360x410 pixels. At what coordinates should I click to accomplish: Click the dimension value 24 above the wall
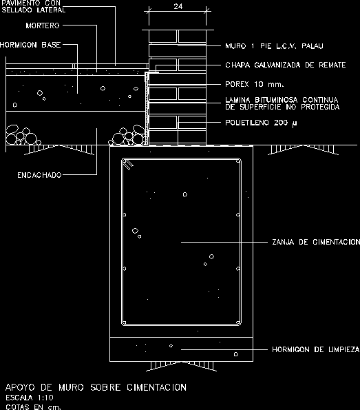tap(178, 6)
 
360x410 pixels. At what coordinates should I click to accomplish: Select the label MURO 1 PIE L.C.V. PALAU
tap(274, 46)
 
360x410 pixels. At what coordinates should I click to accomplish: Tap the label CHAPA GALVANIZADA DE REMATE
tap(285, 65)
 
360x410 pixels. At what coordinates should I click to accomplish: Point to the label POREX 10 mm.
tap(254, 84)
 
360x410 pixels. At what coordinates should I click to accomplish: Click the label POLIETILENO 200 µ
tap(261, 123)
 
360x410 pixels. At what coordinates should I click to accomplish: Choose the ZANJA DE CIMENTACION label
tap(316, 242)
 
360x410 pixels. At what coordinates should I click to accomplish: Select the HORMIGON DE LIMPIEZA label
tap(315, 349)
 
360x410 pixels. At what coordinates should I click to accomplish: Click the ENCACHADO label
tap(39, 175)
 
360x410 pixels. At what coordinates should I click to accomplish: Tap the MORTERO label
tap(43, 25)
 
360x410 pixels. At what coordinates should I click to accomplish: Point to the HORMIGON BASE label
tap(30, 45)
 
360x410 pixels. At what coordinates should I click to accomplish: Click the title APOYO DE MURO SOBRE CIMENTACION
tap(96, 387)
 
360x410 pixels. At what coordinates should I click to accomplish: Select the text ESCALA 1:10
tap(30, 398)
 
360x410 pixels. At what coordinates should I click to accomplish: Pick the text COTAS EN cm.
tap(33, 407)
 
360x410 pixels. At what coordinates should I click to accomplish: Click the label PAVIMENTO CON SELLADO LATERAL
tap(33, 6)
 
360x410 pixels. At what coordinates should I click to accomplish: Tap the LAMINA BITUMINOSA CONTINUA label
tap(282, 100)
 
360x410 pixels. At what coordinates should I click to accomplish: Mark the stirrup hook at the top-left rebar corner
tap(128, 164)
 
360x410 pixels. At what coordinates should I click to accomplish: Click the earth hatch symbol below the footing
tap(181, 366)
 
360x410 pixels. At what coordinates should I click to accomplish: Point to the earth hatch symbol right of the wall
tap(304, 150)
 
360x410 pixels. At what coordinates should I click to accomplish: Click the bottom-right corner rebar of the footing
tap(237, 322)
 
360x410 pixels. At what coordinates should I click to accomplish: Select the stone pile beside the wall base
tap(127, 136)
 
